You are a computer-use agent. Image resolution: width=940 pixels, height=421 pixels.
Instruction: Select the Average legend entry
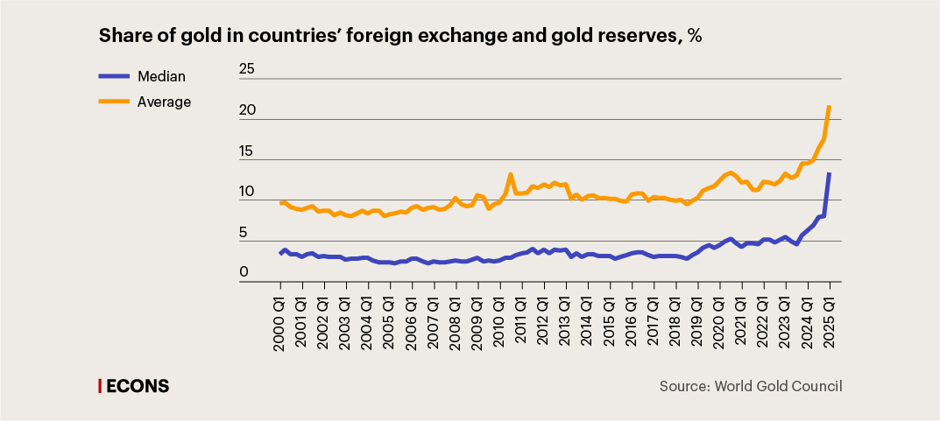pos(164,102)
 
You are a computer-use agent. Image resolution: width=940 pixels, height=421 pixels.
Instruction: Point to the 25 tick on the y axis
pos(247,69)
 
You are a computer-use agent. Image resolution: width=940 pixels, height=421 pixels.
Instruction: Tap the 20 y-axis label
pos(247,110)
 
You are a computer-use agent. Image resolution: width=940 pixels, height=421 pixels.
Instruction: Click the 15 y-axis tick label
pos(247,151)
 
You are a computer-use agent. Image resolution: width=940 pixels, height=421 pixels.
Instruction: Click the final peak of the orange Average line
pos(829,107)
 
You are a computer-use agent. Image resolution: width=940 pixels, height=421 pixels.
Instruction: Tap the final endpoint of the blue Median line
pos(829,174)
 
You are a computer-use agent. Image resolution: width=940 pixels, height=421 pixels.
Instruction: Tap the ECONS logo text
pos(138,386)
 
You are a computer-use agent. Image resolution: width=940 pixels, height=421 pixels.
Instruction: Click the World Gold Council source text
pos(779,386)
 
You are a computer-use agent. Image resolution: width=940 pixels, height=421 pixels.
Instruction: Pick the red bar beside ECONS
pos(99,386)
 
